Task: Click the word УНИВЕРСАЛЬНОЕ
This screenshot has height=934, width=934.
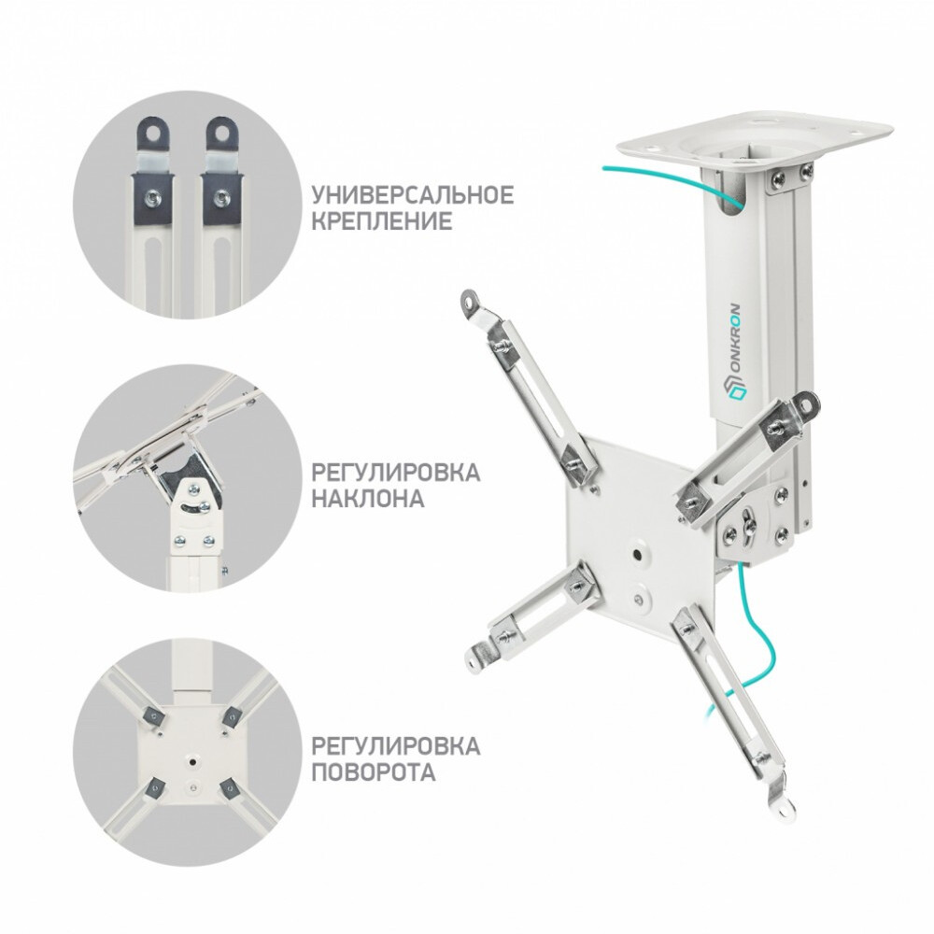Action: click(x=412, y=196)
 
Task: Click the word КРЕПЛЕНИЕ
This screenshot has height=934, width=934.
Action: click(x=382, y=222)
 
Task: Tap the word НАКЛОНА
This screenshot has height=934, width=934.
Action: click(x=368, y=499)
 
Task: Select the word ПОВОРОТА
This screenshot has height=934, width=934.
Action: click(x=373, y=773)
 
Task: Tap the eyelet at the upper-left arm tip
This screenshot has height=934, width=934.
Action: click(x=468, y=301)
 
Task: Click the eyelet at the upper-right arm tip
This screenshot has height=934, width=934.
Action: click(x=809, y=403)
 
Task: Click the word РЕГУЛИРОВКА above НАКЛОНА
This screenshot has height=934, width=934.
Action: click(x=396, y=472)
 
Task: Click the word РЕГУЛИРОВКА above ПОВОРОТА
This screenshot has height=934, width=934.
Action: click(x=396, y=746)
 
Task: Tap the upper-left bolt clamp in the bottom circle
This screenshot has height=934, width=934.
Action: click(x=150, y=717)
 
